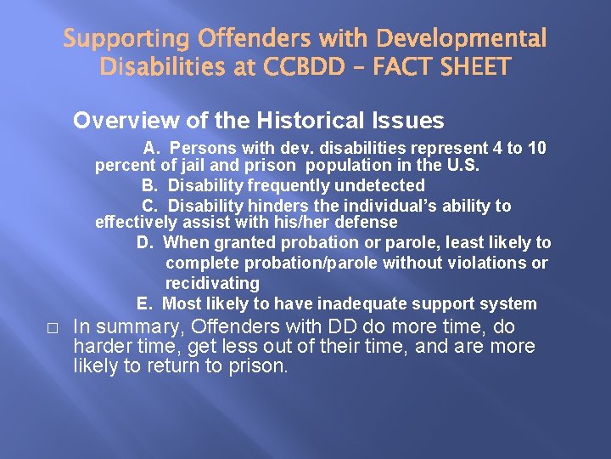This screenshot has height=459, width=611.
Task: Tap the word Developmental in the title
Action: tap(461, 39)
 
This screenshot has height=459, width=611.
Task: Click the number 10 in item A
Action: tap(536, 148)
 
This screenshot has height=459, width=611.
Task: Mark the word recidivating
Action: tap(212, 283)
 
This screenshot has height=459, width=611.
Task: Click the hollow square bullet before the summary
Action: tap(53, 328)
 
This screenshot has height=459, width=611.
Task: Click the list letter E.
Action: tap(143, 303)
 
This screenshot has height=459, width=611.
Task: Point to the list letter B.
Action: tap(148, 185)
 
